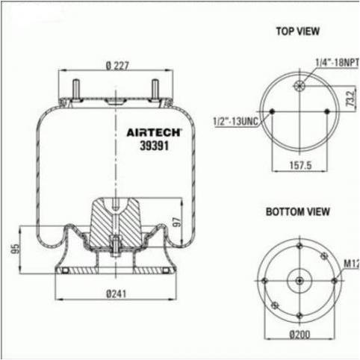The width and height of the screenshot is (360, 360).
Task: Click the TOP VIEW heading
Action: pyautogui.click(x=298, y=31)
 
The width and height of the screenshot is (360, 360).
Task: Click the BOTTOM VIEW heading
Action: pyautogui.click(x=298, y=212)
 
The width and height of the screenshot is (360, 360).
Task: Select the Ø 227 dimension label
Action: pyautogui.click(x=117, y=66)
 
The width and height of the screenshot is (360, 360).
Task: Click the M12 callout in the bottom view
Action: pyautogui.click(x=350, y=263)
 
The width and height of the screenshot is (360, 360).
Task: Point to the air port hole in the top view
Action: pyautogui.click(x=300, y=84)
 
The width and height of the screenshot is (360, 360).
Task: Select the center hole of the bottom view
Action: pyautogui.click(x=300, y=280)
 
